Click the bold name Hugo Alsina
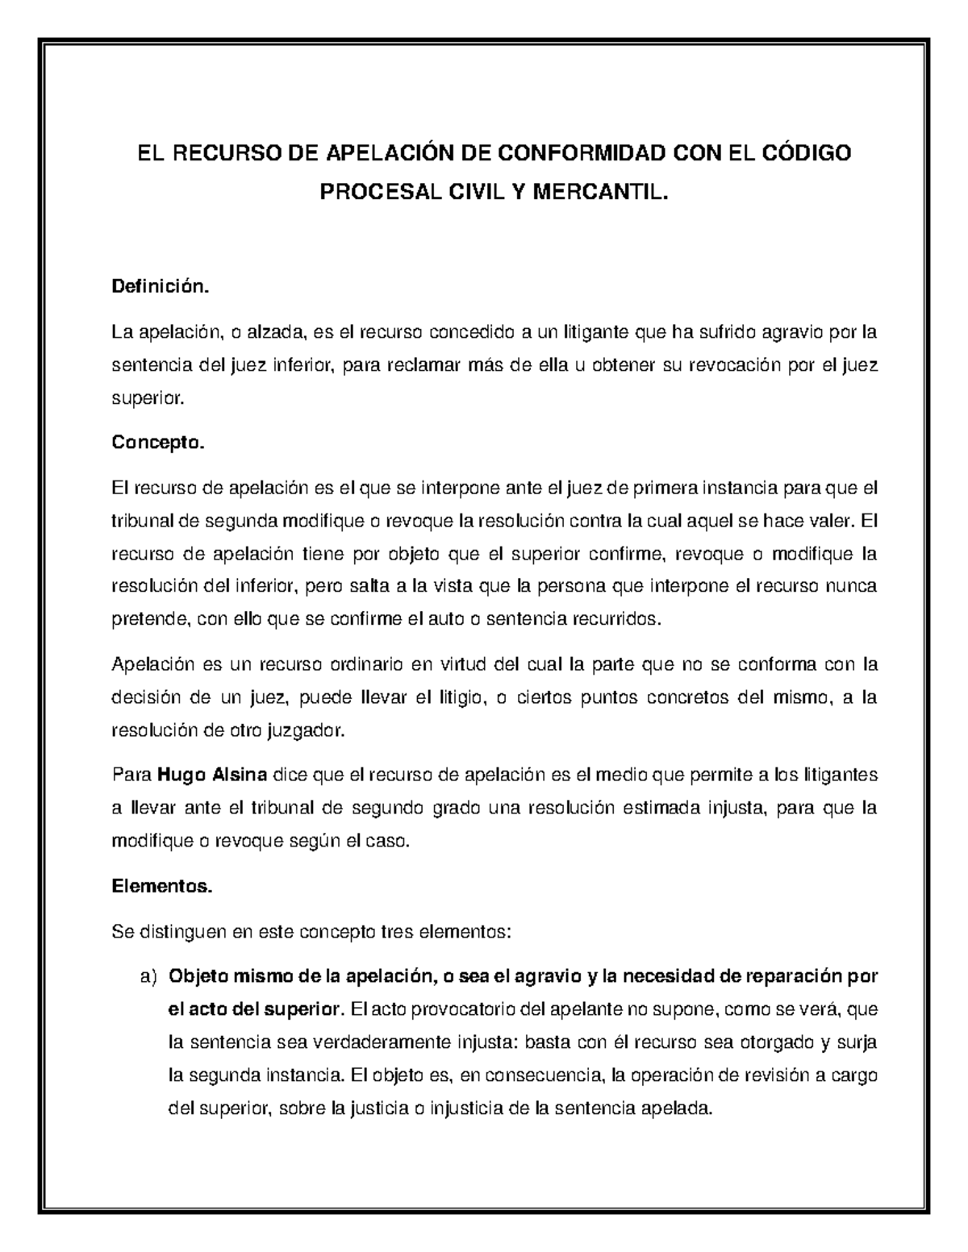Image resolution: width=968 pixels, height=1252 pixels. coord(213,776)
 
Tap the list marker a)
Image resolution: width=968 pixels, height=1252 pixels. coord(148,977)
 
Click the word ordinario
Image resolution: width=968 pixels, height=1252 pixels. coord(366,665)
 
